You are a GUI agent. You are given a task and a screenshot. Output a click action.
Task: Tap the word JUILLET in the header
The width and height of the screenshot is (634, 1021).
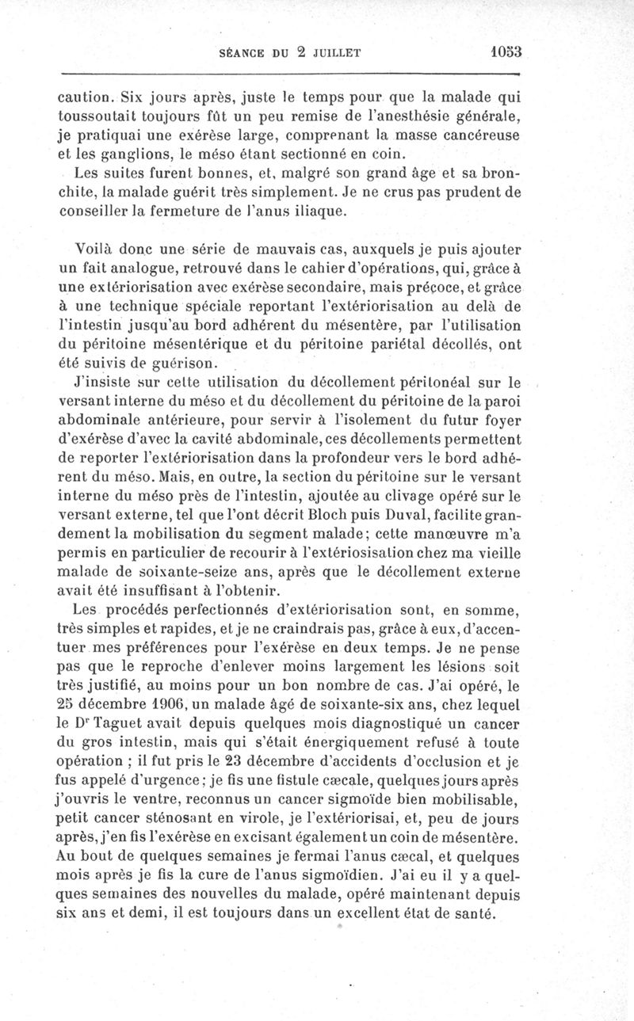pyautogui.click(x=334, y=53)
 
